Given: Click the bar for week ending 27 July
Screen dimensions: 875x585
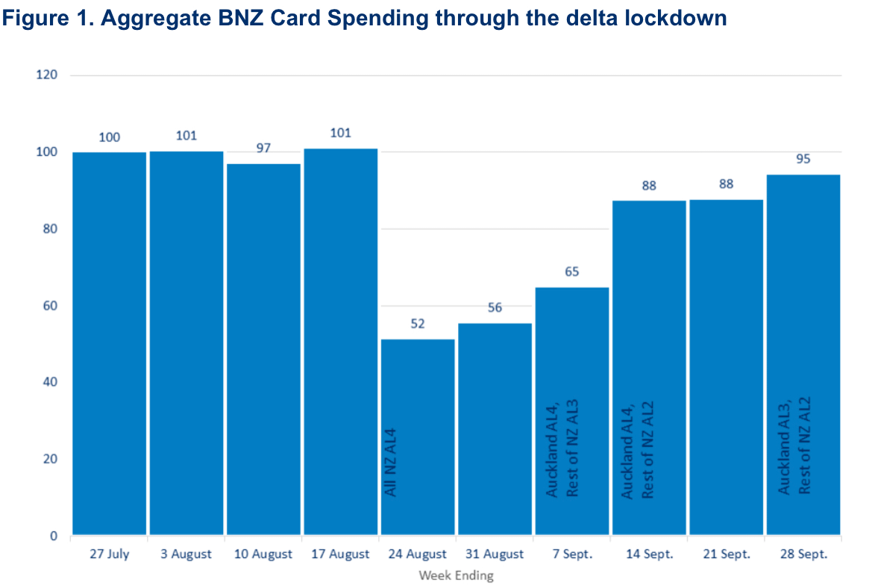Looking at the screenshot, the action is click(x=110, y=343).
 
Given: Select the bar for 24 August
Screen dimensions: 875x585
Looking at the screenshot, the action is click(x=418, y=437).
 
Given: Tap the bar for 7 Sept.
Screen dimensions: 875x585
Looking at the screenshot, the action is click(x=572, y=411).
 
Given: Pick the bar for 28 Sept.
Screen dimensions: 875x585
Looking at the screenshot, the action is click(x=803, y=354).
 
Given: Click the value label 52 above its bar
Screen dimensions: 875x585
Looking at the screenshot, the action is click(x=418, y=324).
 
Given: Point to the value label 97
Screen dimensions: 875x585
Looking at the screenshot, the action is click(x=263, y=148).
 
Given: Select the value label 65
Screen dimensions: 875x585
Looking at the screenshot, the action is click(x=572, y=272).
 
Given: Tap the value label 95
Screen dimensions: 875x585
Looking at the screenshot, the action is click(x=803, y=159).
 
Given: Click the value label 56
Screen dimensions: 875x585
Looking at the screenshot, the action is click(x=495, y=307).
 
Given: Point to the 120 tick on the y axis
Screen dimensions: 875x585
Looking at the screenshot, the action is click(x=47, y=75).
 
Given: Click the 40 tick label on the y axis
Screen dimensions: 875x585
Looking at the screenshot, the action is click(x=50, y=382).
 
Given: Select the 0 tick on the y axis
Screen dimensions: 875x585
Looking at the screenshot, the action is click(x=54, y=536).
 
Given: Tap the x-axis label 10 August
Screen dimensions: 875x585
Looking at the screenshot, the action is click(x=263, y=554).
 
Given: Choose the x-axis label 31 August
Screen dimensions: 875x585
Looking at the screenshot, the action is click(x=495, y=554).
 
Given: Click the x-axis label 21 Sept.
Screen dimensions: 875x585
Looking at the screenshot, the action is click(x=727, y=554).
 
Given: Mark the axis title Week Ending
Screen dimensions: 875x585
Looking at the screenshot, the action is click(x=457, y=575).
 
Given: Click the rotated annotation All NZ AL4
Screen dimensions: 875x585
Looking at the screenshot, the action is click(x=390, y=462).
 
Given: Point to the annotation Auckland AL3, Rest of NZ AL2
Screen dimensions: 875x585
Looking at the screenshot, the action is click(x=794, y=446).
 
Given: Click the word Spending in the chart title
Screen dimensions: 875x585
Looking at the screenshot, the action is click(x=377, y=19).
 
